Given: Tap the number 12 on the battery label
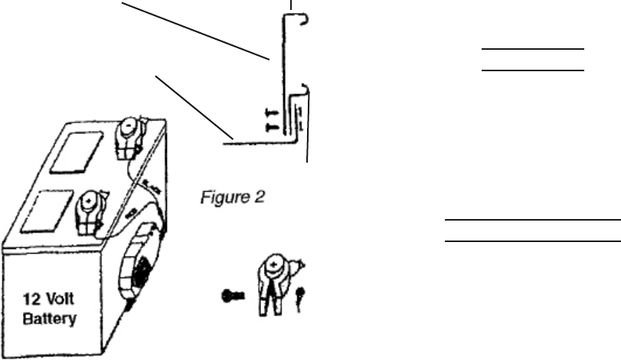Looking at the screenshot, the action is pos(31,301).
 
